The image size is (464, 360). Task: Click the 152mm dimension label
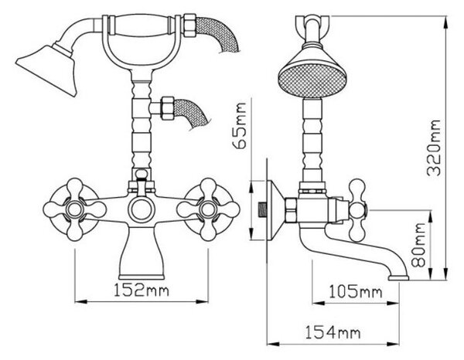142,290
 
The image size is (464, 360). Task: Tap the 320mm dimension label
435,148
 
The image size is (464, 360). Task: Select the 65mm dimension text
240,126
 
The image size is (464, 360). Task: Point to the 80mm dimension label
418,245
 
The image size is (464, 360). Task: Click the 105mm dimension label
356,292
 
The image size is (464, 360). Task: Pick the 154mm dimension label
333,332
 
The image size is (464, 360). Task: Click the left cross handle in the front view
74,209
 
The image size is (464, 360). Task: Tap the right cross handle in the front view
208,209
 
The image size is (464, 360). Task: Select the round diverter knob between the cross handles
142,209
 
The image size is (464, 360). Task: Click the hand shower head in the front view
47,69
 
